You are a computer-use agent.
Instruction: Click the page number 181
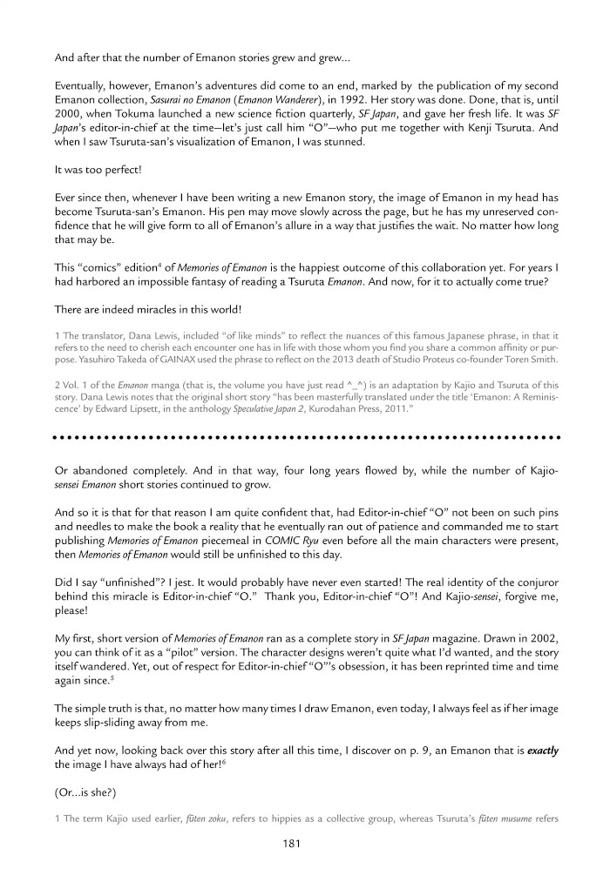click(x=293, y=843)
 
